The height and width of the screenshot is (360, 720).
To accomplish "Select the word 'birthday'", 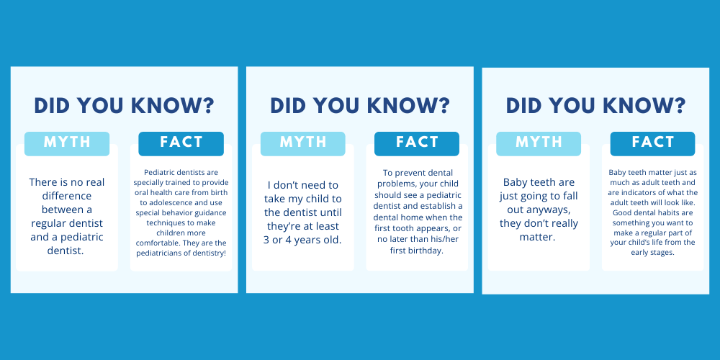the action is [x=429, y=251].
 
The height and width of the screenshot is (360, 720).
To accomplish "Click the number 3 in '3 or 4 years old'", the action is [x=266, y=240].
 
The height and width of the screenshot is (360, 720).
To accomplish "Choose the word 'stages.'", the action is [x=663, y=253].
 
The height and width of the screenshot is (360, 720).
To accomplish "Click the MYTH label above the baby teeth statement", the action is [x=538, y=142].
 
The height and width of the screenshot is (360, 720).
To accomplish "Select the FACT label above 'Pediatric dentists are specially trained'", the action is [x=181, y=142].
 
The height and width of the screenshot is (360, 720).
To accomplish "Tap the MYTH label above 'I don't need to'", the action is [x=302, y=142].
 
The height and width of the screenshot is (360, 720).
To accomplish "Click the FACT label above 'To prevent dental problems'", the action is [x=417, y=142].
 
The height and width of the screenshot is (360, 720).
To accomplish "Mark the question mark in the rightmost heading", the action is [x=679, y=106].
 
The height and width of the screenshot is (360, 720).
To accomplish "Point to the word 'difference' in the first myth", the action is [x=67, y=196].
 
